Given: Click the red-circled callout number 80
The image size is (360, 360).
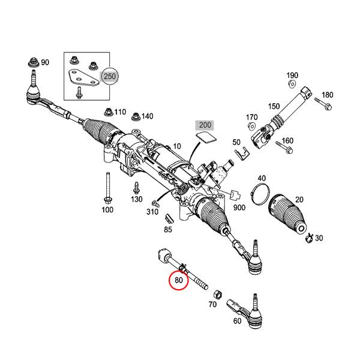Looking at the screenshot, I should click(178, 280).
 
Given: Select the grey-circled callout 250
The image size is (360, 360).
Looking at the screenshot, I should click(110, 77).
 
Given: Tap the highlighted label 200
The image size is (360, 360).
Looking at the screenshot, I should click(205, 125).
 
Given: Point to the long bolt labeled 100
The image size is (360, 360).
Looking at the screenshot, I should click(106, 187).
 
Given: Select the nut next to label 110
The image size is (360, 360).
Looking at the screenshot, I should click(108, 111).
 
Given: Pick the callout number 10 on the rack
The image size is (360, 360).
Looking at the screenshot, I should click(176, 146).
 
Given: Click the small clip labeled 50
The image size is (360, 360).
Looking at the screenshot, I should click(242, 155).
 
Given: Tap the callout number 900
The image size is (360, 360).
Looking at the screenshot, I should click(240, 207).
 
